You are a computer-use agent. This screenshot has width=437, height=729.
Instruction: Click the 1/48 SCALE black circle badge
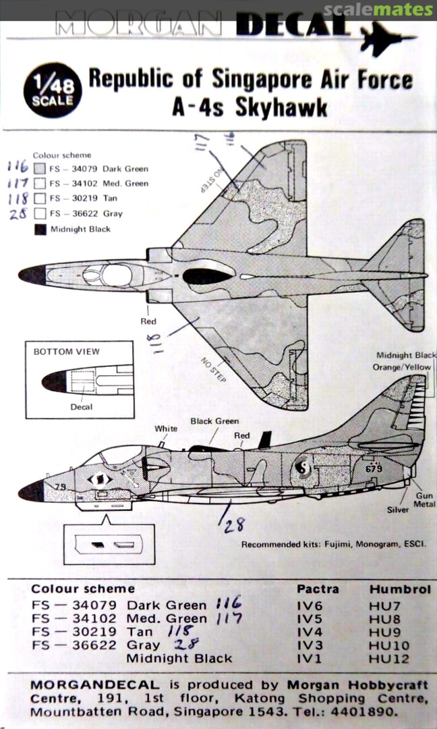click(53, 91)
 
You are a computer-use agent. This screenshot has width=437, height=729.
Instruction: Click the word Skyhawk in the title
click(281, 107)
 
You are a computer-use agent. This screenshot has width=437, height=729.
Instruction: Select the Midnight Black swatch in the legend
click(40, 229)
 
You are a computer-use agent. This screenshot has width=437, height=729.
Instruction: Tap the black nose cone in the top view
click(32, 275)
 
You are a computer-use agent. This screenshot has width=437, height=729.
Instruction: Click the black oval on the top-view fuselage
click(207, 276)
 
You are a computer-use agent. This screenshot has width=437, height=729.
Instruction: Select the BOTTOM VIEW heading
click(66, 352)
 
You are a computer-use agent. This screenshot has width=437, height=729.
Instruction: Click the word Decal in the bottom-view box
click(82, 407)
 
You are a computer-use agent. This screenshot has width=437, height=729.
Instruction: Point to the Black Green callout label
click(214, 421)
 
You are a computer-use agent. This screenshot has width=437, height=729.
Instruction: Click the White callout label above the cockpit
click(166, 429)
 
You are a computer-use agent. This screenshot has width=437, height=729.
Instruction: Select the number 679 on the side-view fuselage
click(374, 468)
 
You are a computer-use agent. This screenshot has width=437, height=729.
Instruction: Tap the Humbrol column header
click(399, 589)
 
